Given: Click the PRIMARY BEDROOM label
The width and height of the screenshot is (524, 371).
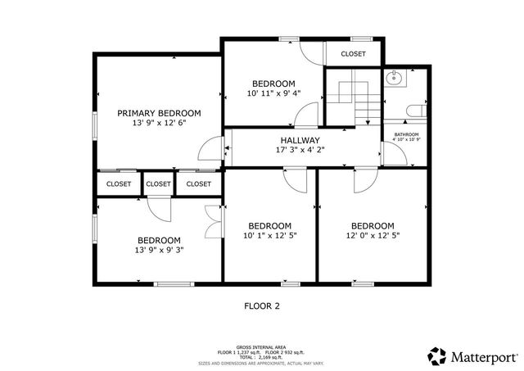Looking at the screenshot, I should pyautogui.click(x=158, y=113).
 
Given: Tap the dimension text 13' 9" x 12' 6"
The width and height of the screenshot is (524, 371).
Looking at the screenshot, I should pyautogui.click(x=158, y=123).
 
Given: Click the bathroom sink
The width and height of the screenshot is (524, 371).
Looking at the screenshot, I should pyautogui.click(x=395, y=79).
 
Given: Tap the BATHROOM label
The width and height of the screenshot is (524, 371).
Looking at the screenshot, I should pyautogui.click(x=406, y=134).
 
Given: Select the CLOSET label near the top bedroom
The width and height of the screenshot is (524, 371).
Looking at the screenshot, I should pyautogui.click(x=353, y=53).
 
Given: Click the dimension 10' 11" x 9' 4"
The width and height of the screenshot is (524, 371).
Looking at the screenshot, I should pyautogui.click(x=273, y=93).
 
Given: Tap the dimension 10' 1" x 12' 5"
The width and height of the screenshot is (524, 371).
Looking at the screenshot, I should pyautogui.click(x=269, y=236).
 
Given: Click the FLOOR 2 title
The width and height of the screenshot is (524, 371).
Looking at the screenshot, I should pyautogui.click(x=262, y=306).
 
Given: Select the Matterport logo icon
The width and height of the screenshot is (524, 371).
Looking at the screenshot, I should pyautogui.click(x=436, y=355).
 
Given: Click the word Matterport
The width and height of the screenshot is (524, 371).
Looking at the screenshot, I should pyautogui.click(x=483, y=356).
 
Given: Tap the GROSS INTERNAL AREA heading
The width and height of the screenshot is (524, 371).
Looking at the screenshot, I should pyautogui.click(x=261, y=347).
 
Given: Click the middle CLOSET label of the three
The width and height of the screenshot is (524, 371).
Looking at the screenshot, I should pyautogui.click(x=159, y=184).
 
